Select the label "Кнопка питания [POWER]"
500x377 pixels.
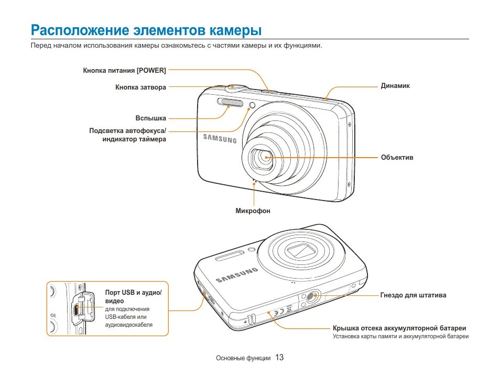pos(124,70)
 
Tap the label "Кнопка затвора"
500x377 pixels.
pos(140,87)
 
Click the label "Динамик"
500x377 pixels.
pos(395,86)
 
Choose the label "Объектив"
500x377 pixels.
pos(397,157)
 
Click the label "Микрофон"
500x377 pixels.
pos(253,211)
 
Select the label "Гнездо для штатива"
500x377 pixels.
pos(413,295)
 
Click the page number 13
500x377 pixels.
pos(279,358)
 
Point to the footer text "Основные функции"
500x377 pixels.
pos(243,358)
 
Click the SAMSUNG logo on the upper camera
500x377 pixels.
pos(220,138)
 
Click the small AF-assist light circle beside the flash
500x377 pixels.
pos(252,106)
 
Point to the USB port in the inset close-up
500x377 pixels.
pos(77,309)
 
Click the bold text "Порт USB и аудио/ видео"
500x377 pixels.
pos(134,296)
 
